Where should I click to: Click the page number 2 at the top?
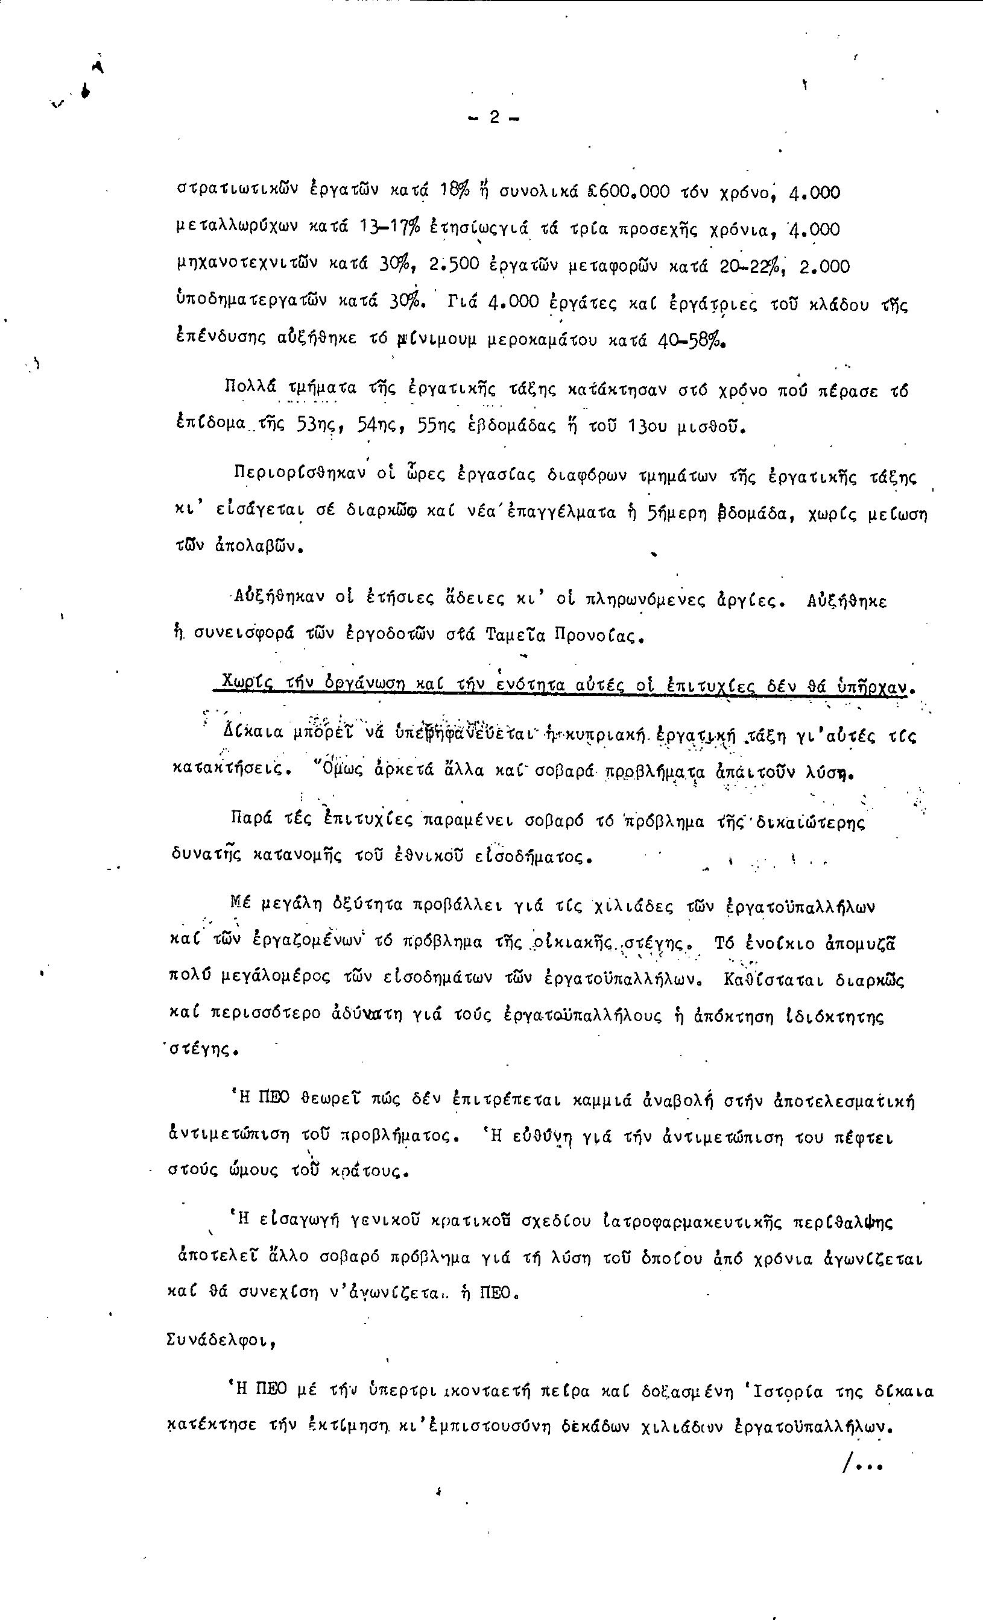(x=493, y=117)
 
